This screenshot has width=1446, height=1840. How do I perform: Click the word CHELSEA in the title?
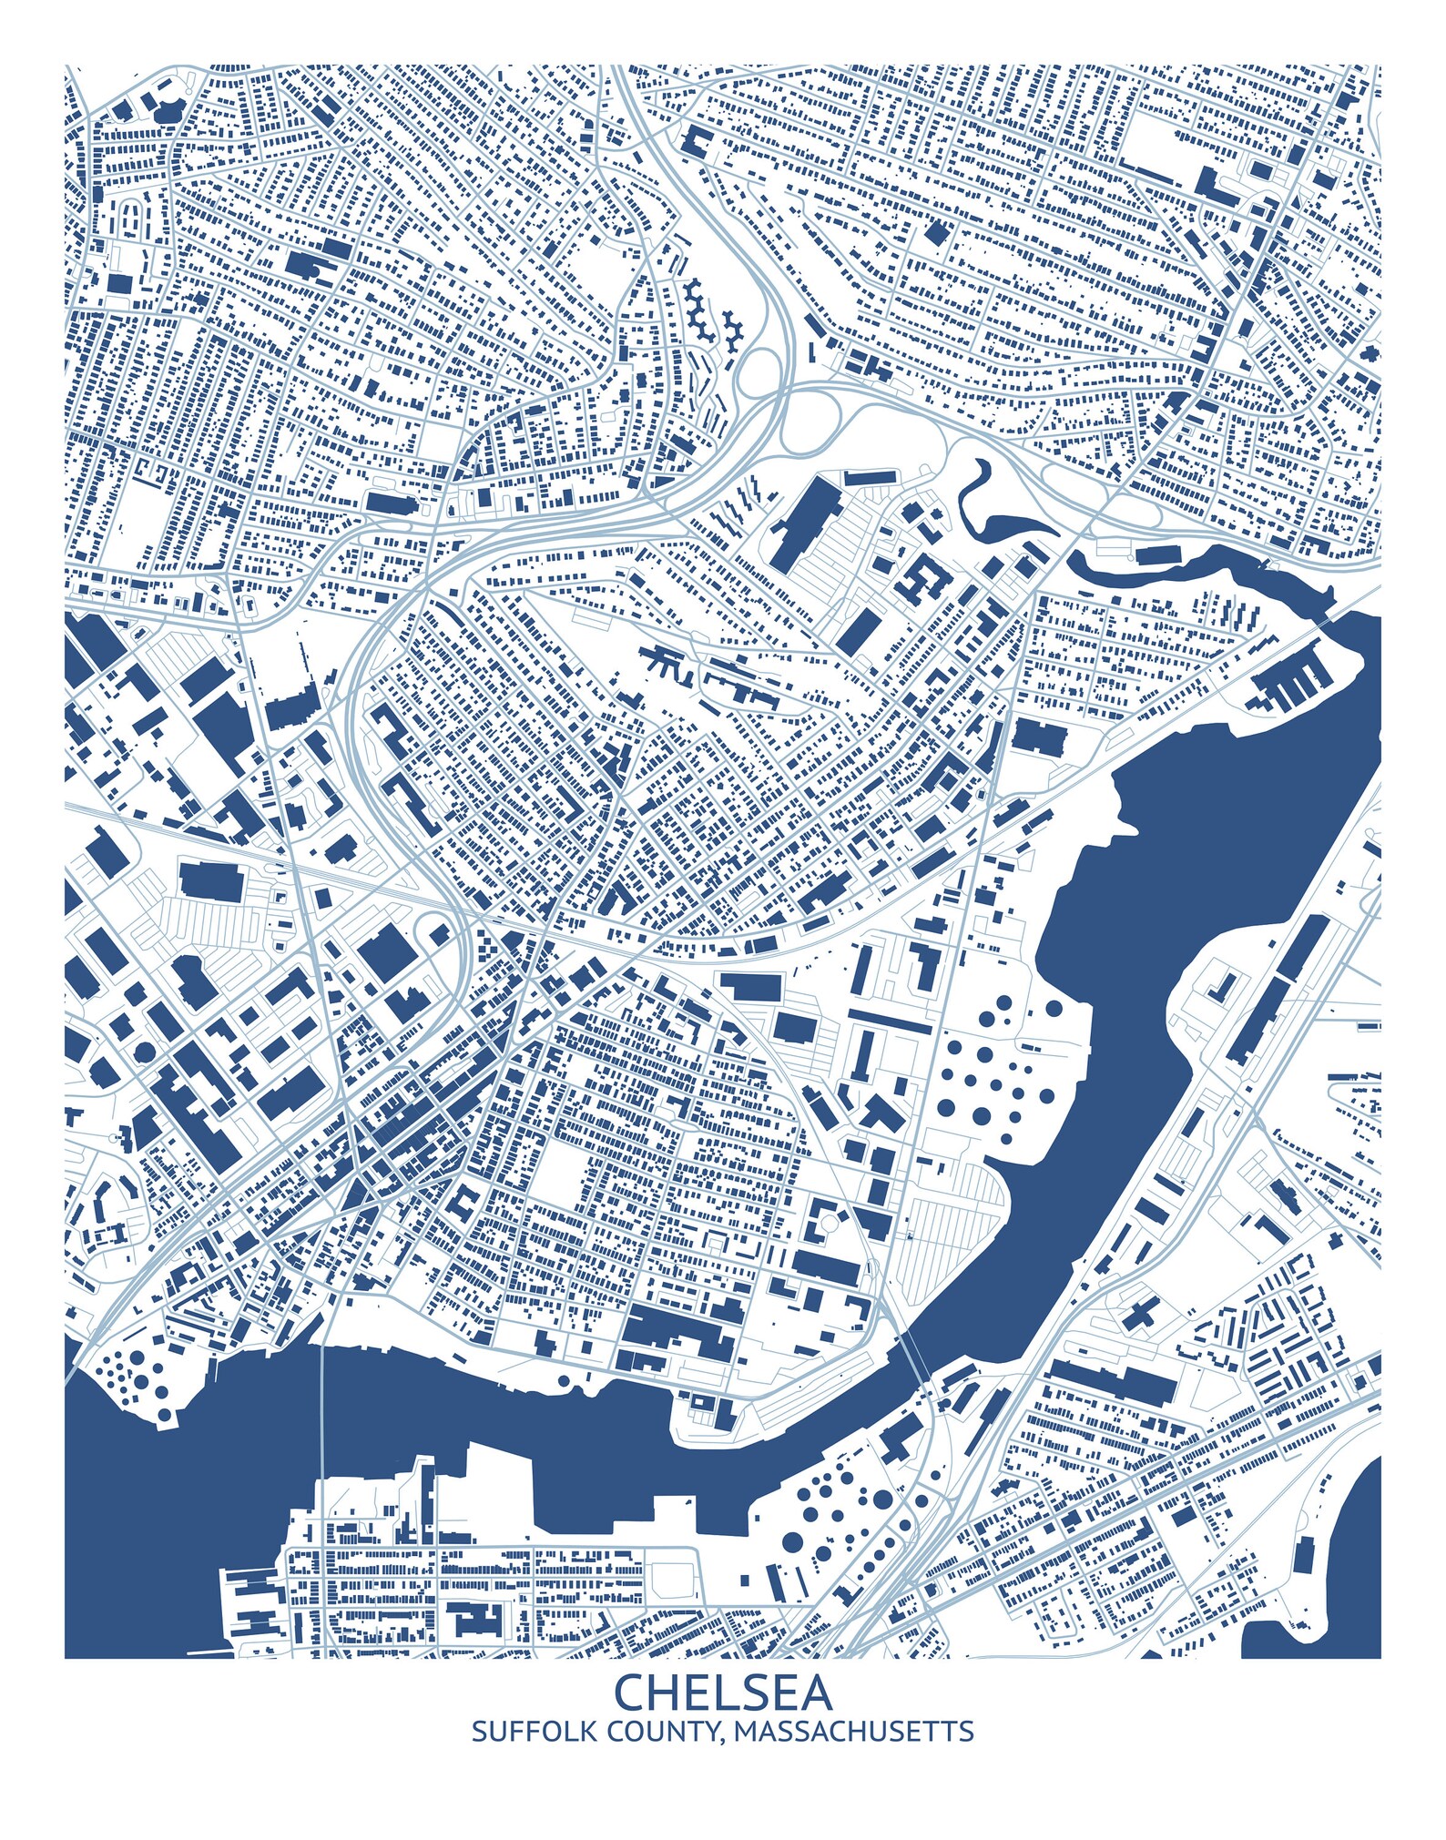pyautogui.click(x=723, y=1692)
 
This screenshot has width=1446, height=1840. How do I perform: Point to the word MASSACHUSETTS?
pyautogui.click(x=853, y=1731)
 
